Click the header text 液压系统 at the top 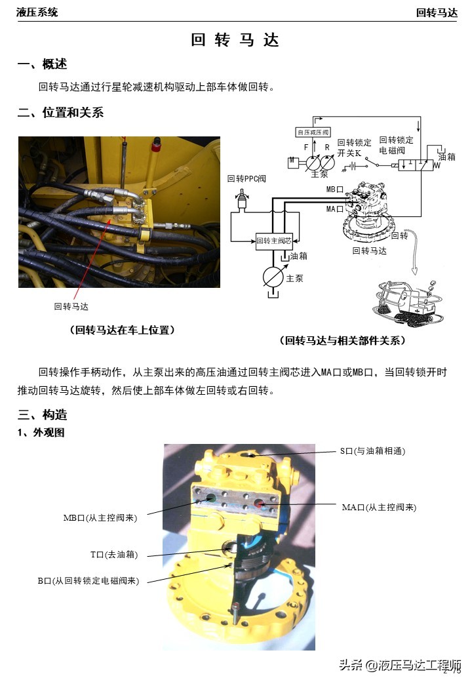(x=37, y=12)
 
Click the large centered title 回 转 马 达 (x=235, y=40)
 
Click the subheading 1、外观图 (x=41, y=433)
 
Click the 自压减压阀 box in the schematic (x=313, y=132)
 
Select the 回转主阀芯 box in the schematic (x=275, y=241)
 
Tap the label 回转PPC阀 (x=247, y=178)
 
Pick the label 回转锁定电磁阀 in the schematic (x=397, y=145)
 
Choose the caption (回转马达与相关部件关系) (x=343, y=340)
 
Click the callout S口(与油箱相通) (x=372, y=451)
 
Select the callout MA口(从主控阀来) (x=379, y=507)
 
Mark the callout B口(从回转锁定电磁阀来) (x=88, y=580)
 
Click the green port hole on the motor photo (x=210, y=499)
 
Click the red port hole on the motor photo (x=260, y=504)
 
